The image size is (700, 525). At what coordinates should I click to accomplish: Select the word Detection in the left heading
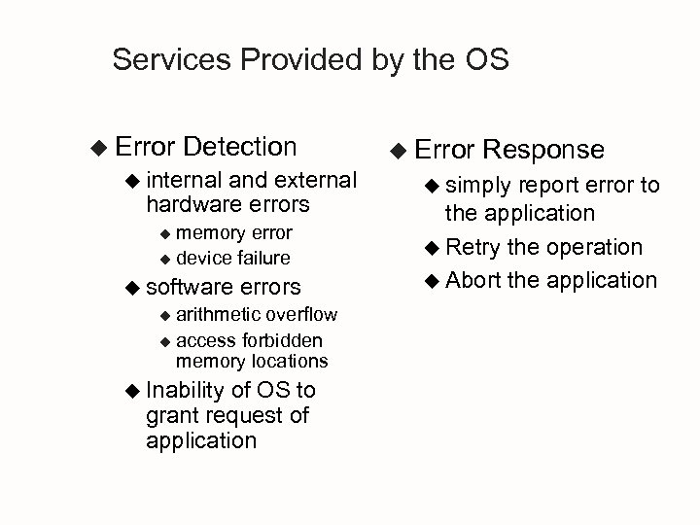pos(239,147)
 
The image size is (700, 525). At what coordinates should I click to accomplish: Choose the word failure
pos(260,258)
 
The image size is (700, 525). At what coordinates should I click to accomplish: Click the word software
pos(189,287)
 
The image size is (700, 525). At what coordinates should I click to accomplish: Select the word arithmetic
pos(219,314)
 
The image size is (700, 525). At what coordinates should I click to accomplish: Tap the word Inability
pos(185,391)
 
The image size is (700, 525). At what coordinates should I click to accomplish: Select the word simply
pos(480,186)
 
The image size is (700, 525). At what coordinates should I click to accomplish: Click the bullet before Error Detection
pos(95,148)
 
